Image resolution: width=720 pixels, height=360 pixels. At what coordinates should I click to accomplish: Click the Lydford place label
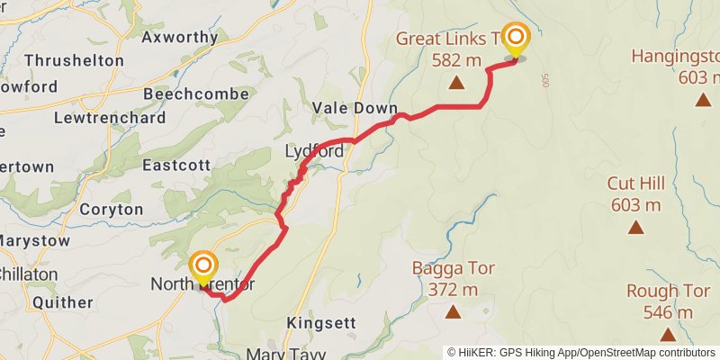[314, 151]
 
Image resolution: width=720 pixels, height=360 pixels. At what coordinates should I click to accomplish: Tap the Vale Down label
[355, 107]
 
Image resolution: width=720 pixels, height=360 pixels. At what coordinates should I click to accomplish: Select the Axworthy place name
[193, 38]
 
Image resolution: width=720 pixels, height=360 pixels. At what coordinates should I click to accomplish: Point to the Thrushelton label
[75, 60]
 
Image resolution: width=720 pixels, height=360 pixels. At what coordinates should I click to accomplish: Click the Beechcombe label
[188, 94]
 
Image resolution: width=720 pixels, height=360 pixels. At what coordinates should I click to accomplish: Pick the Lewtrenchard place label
[110, 117]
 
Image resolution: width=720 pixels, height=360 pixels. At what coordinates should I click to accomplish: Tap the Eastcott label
[176, 166]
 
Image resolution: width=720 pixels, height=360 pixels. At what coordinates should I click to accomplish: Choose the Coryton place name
[111, 209]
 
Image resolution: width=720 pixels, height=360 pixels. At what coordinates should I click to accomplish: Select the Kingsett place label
[321, 322]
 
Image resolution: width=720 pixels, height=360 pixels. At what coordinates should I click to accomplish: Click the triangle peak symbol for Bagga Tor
[454, 312]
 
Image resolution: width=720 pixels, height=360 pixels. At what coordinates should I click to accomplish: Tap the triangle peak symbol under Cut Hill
[635, 228]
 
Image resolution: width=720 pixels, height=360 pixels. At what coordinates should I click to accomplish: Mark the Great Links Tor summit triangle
[456, 84]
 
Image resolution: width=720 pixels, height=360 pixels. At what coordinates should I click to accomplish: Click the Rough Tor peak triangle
[667, 335]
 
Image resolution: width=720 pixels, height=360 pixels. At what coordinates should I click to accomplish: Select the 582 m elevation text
[456, 60]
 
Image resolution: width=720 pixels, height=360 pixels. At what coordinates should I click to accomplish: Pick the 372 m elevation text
[453, 289]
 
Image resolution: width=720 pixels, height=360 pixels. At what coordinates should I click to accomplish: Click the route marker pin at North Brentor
[204, 266]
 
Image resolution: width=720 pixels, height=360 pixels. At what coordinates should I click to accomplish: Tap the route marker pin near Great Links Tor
[516, 38]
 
